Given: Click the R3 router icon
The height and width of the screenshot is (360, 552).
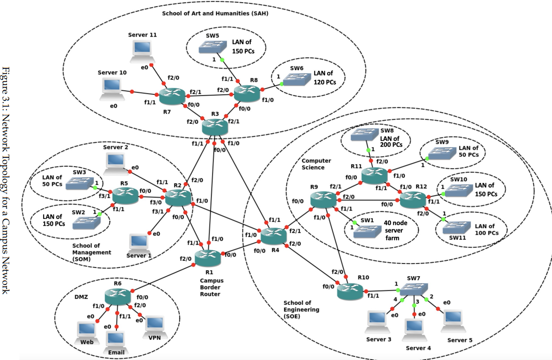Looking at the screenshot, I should click(215, 127).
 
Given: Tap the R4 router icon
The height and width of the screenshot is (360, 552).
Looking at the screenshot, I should click(274, 237).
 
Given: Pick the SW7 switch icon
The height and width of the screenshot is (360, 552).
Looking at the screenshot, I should click(415, 289).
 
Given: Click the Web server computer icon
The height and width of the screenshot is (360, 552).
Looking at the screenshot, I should click(87, 330).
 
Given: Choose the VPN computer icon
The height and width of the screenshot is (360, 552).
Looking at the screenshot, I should click(155, 325).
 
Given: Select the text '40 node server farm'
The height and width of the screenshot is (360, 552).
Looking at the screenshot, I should click(395, 230).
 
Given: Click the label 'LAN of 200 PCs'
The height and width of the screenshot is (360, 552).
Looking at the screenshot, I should click(391, 141).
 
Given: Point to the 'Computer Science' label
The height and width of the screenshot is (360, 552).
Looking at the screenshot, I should click(316, 164).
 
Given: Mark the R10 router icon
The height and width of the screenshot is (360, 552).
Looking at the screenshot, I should click(351, 290).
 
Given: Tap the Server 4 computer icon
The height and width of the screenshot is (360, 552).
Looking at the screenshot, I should click(415, 327).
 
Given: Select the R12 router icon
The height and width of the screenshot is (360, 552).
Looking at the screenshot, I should click(413, 200).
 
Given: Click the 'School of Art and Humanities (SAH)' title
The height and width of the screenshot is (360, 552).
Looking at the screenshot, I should click(215, 13).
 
